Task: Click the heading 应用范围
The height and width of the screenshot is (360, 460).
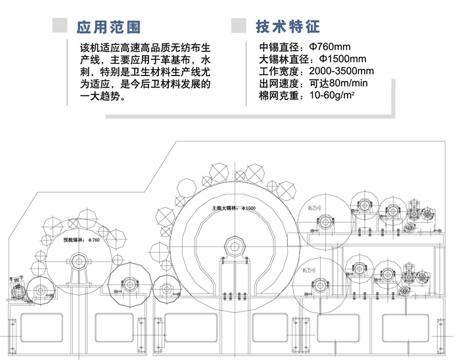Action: pos(108,27)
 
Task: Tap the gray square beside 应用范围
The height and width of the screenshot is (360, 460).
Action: pos(60,26)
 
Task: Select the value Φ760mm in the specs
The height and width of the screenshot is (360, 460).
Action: pos(325,47)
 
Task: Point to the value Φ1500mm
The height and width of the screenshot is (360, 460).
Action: pos(340,59)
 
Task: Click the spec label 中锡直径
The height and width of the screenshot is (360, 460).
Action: pos(281,47)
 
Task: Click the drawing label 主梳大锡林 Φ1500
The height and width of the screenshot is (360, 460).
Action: pos(233,208)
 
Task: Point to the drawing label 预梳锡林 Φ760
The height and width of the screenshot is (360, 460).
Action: pos(81,240)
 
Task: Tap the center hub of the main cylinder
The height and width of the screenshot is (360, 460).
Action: pos(233,248)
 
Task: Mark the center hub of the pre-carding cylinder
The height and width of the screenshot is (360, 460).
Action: pos(79,262)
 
